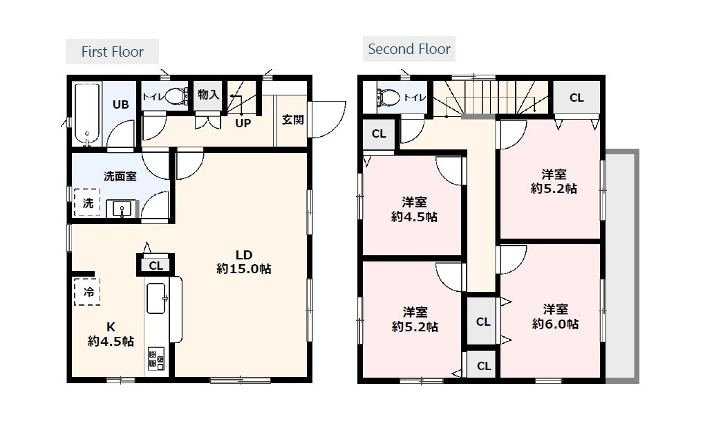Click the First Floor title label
[112, 52]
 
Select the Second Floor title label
[409, 49]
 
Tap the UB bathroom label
[120, 104]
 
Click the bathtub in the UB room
[87, 114]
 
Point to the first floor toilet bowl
[178, 96]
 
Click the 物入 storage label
[209, 95]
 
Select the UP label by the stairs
[243, 123]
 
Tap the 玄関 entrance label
[293, 120]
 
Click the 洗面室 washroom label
[120, 176]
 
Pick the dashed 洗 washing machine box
[87, 203]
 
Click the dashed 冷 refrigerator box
[87, 292]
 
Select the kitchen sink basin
[156, 298]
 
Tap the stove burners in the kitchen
[156, 358]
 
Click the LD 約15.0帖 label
[244, 262]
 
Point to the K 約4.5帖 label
[111, 334]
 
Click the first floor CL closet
[156, 265]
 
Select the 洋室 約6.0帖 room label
[556, 317]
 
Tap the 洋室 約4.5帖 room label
[414, 210]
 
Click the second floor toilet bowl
[389, 97]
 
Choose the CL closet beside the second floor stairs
[577, 98]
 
